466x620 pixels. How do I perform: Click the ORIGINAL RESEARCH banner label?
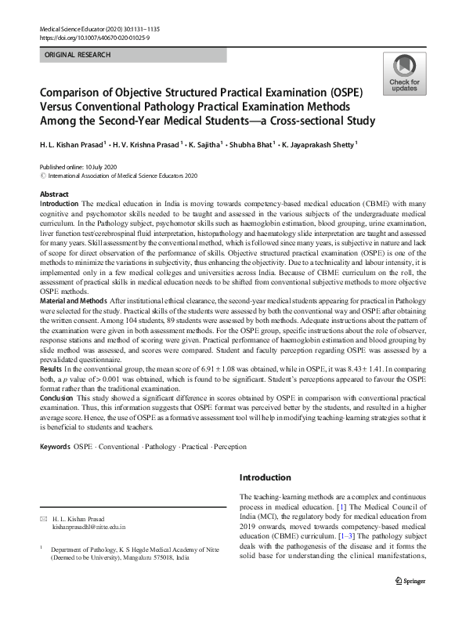pyautogui.click(x=78, y=55)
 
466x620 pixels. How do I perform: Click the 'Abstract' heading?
pyautogui.click(x=54, y=194)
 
